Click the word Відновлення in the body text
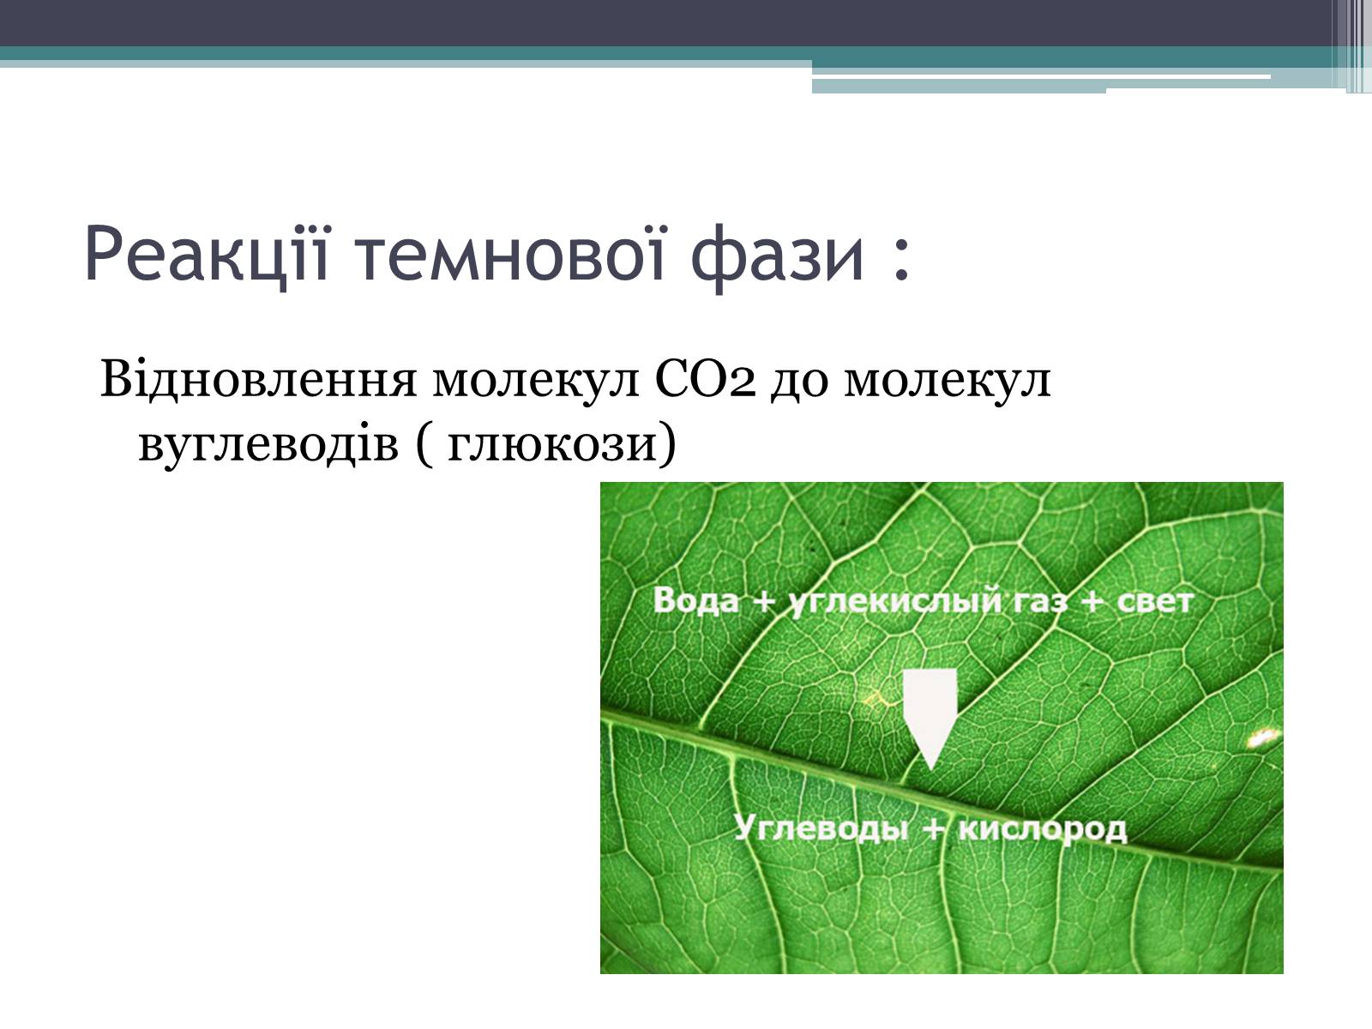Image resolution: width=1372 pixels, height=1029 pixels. pyautogui.click(x=258, y=379)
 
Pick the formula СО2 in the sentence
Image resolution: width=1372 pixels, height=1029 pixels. pyautogui.click(x=705, y=379)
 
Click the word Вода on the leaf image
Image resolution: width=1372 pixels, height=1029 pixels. pyautogui.click(x=695, y=601)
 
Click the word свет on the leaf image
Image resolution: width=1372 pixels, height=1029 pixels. pyautogui.click(x=1155, y=602)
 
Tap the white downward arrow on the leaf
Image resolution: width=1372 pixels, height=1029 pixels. pyautogui.click(x=930, y=719)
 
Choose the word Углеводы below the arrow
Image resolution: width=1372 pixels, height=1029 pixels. pyautogui.click(x=821, y=827)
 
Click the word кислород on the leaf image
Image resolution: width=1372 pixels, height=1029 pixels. pyautogui.click(x=1042, y=830)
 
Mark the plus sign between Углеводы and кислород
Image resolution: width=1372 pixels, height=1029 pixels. pyautogui.click(x=933, y=828)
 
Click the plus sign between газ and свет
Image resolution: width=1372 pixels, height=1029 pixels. pyautogui.click(x=1092, y=602)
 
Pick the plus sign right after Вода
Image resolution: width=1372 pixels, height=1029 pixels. pyautogui.click(x=763, y=602)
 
